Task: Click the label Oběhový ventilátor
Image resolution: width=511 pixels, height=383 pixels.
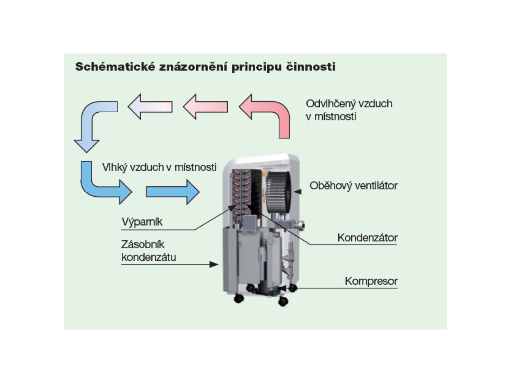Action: point(353,186)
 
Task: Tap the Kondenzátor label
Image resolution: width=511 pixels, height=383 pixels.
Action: point(367,237)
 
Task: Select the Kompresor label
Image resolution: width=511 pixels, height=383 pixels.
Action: point(371,281)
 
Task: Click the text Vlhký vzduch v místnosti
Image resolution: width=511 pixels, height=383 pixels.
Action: point(159,167)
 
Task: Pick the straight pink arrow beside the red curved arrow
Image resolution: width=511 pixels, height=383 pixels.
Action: point(205,106)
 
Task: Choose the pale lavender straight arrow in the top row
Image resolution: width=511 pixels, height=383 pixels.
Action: point(150,106)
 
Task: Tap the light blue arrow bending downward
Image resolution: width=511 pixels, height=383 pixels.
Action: point(92,122)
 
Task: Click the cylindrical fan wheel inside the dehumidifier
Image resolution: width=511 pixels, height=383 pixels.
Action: point(279,192)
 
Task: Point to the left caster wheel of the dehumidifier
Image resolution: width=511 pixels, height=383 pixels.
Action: point(239,298)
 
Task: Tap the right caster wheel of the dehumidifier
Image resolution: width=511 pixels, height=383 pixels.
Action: point(283,301)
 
